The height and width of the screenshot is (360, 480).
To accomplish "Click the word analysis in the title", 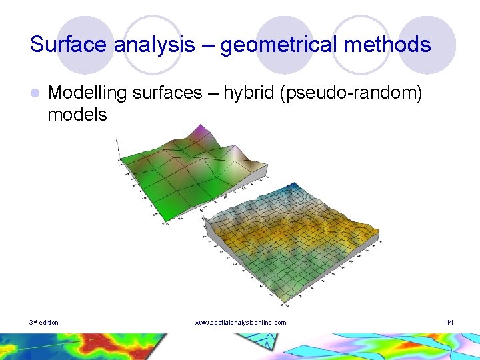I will (x=160, y=45).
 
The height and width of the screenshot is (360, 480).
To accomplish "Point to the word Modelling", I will (x=87, y=93).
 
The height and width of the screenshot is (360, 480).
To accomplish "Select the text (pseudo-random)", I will (x=352, y=93).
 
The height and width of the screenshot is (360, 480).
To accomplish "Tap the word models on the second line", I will (x=77, y=115).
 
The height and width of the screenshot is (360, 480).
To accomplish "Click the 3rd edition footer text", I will (x=43, y=323).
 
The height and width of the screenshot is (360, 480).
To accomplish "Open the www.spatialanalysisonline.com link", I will (x=240, y=323).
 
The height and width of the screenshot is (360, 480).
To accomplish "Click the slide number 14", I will (x=450, y=323).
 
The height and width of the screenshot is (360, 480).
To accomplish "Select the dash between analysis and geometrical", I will (x=209, y=45).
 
